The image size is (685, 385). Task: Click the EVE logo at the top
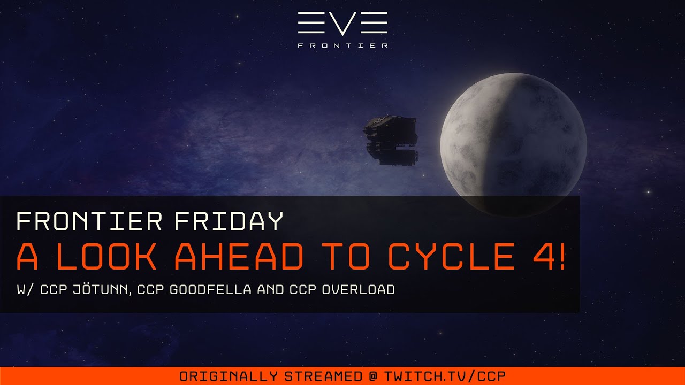tap(342, 24)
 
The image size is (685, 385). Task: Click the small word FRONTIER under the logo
tap(342, 46)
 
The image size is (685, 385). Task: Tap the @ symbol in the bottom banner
tap(373, 376)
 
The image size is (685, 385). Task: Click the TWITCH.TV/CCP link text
tap(445, 376)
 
